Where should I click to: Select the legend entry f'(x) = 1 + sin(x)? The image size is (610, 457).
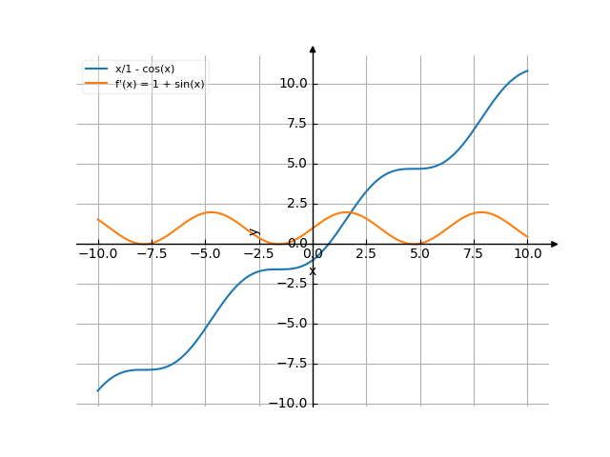point(160,84)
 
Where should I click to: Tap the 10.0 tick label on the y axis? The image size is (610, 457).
point(293,84)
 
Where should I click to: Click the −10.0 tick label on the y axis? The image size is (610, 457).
point(289,404)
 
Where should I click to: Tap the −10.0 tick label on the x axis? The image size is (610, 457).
point(97,254)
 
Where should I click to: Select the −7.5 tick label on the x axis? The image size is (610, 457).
point(152,254)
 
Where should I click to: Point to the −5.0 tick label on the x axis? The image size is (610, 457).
point(205,254)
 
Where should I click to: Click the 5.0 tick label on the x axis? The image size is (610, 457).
point(420,254)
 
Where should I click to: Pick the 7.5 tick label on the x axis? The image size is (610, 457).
point(474,254)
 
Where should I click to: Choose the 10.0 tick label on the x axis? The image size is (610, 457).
point(527,254)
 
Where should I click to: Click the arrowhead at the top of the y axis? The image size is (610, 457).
point(313,49)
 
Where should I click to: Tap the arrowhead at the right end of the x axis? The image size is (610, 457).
point(554,245)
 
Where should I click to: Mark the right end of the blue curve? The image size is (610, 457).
point(527,70)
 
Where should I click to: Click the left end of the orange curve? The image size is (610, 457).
point(98,219)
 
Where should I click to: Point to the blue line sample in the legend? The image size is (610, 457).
point(96,70)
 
